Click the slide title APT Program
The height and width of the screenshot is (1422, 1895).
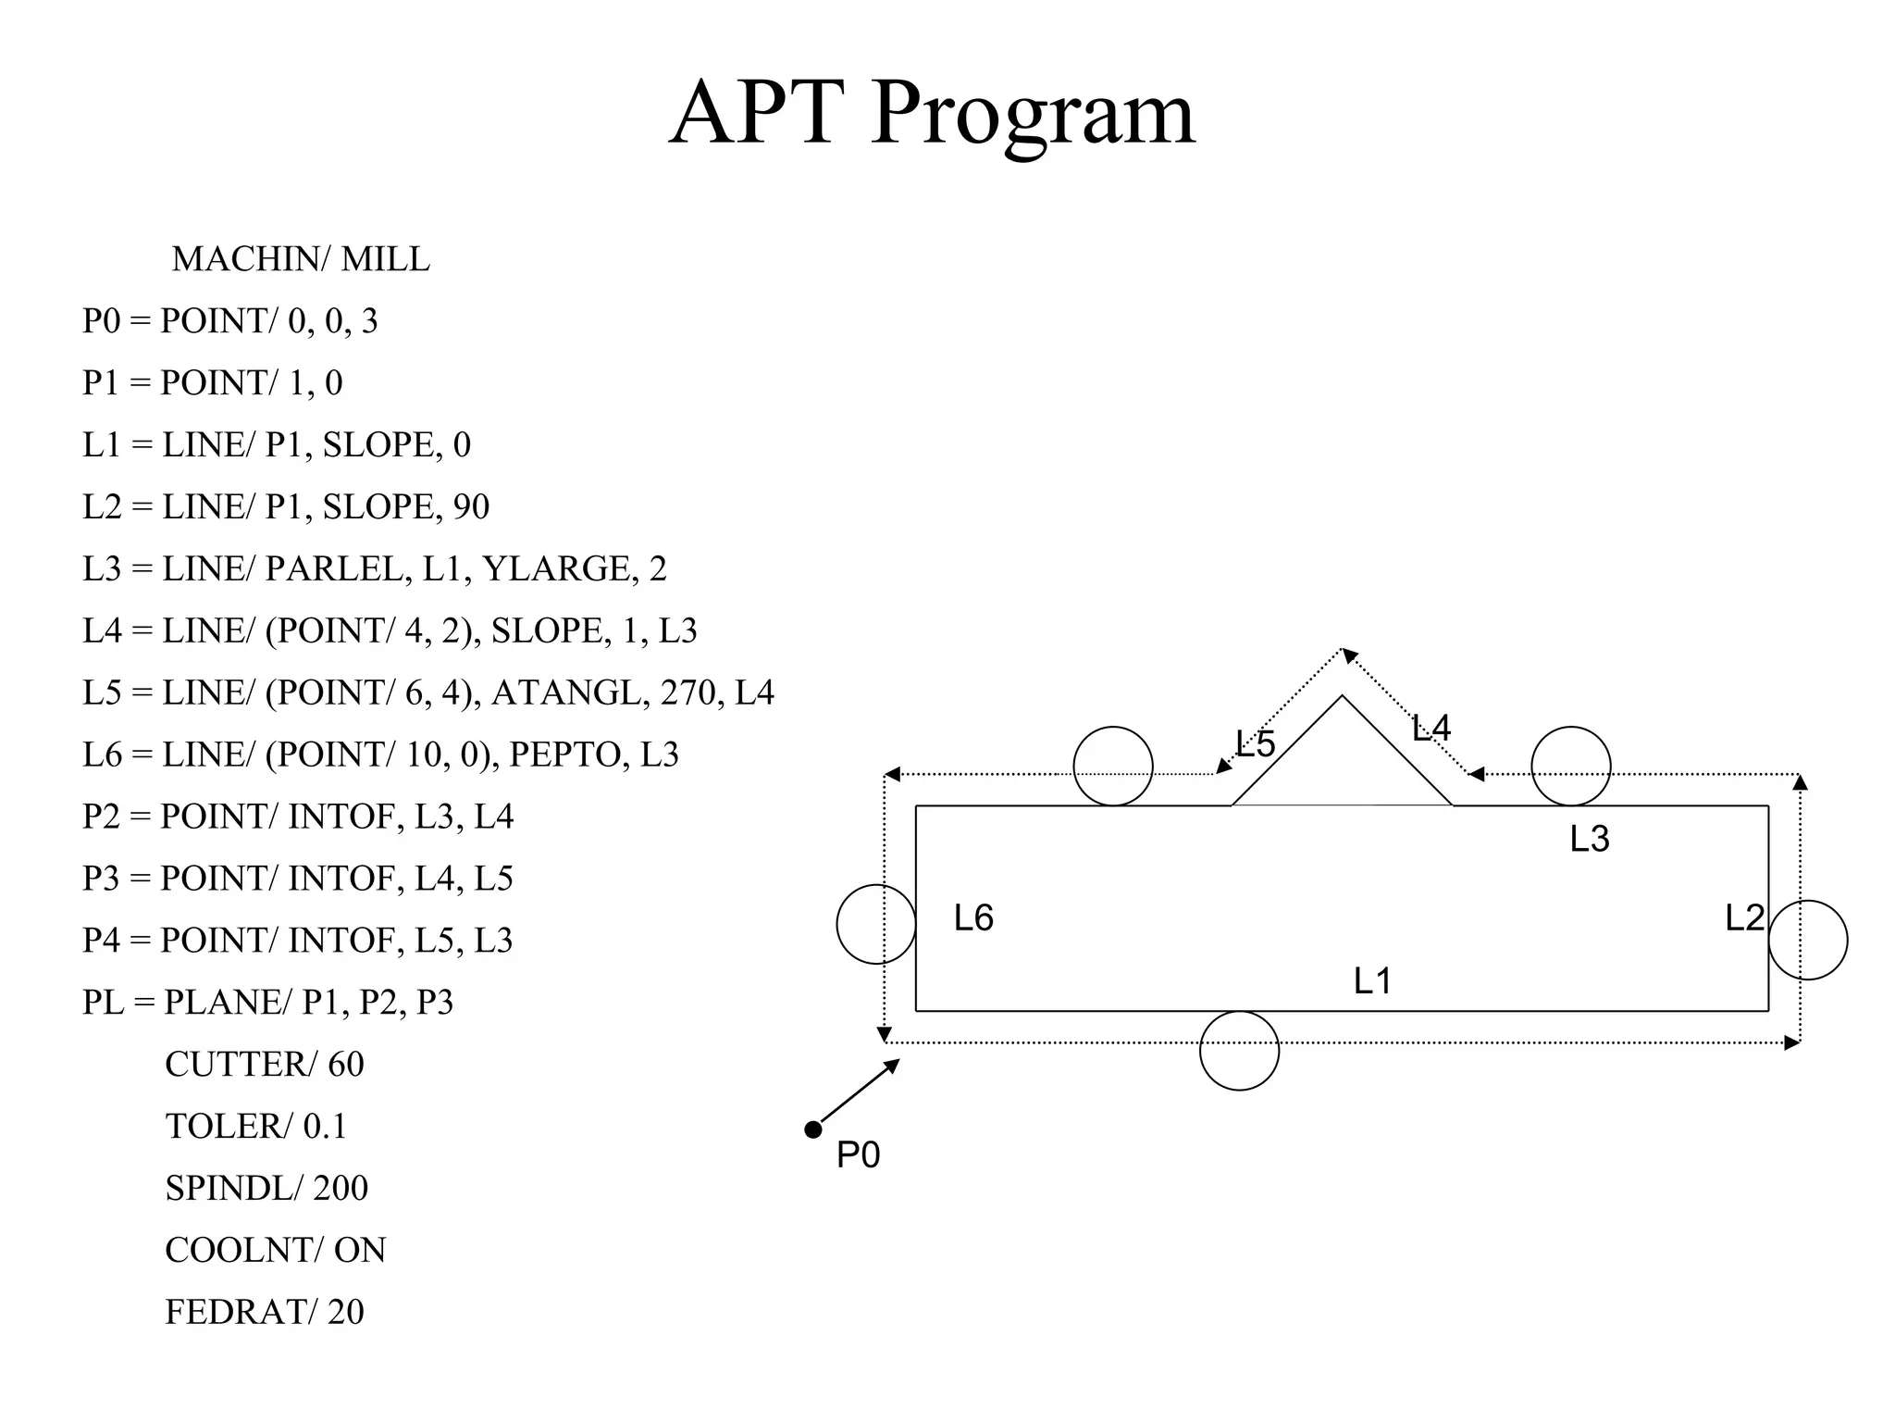[932, 113]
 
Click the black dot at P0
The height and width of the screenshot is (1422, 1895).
[813, 1129]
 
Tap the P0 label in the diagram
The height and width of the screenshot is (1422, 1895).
[858, 1155]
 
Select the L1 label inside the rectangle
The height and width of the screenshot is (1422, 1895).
[1372, 981]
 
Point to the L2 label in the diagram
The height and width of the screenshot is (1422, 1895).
[1744, 918]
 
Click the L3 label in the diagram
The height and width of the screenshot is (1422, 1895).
[1590, 839]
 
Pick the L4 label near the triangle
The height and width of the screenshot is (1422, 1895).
[1431, 730]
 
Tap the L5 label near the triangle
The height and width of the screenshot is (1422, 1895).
[1256, 744]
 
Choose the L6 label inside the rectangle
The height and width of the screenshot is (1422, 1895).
[973, 918]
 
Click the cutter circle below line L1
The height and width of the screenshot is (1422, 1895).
[1239, 1051]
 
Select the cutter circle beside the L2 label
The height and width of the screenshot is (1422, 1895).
[1808, 940]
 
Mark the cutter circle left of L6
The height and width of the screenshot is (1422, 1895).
[876, 924]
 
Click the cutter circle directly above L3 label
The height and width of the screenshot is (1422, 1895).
[1571, 767]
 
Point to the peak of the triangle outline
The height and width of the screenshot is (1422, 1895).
[1342, 696]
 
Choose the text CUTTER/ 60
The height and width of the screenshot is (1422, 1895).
[265, 1065]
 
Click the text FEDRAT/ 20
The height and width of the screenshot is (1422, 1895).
[265, 1312]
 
